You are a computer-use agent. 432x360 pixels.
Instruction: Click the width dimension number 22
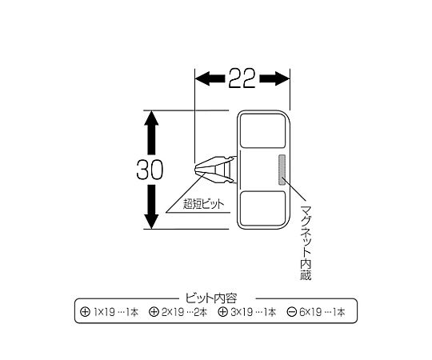(x=242, y=78)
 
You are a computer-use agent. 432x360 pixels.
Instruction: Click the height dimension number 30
(x=150, y=170)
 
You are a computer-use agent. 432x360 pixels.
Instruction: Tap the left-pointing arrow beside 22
(x=210, y=78)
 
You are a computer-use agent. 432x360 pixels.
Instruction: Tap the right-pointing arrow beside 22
(x=274, y=78)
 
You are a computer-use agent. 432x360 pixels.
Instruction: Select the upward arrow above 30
(x=151, y=133)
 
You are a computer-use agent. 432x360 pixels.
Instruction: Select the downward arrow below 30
(x=151, y=207)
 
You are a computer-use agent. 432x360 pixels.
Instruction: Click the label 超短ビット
(x=204, y=204)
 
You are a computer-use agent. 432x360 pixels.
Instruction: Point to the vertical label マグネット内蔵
(x=306, y=242)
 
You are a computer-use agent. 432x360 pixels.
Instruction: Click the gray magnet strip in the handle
(x=282, y=170)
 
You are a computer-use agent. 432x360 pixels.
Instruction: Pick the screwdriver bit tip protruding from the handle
(x=215, y=170)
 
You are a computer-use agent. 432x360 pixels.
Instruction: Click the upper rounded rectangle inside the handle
(x=262, y=130)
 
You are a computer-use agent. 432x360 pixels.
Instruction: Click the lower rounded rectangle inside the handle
(x=262, y=209)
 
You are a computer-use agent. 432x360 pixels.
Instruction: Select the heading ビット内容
(x=210, y=298)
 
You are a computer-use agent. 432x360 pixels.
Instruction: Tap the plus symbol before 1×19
(x=85, y=312)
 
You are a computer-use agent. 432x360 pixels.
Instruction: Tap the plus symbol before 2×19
(x=154, y=312)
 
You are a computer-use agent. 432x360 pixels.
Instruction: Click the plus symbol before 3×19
(x=222, y=312)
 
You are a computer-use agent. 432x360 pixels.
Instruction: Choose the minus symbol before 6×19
(x=291, y=312)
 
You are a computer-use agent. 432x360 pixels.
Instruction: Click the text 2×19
(x=173, y=312)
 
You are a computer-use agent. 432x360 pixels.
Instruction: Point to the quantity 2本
(x=201, y=312)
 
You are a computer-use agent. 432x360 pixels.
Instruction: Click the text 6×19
(x=310, y=312)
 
